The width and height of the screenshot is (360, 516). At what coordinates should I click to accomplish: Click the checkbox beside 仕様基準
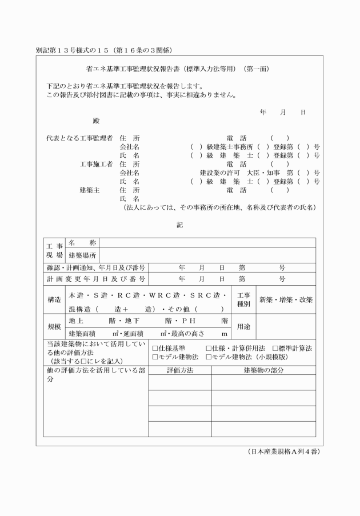(155, 348)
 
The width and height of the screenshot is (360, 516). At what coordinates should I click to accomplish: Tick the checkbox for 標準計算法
(275, 348)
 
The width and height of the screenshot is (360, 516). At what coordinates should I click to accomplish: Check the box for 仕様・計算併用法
(209, 348)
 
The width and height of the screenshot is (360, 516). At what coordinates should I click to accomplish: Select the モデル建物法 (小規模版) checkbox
(209, 357)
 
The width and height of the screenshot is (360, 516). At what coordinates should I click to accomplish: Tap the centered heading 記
(179, 225)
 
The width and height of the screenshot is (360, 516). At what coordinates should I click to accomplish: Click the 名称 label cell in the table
(82, 243)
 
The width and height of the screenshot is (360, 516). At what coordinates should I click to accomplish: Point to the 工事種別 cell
(244, 299)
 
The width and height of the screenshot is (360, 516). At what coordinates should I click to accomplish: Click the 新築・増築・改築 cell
(286, 299)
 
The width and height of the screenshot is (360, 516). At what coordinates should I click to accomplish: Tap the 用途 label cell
(244, 327)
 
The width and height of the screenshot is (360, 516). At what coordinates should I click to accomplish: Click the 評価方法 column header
(180, 370)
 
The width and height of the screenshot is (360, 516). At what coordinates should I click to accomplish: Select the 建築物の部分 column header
(263, 370)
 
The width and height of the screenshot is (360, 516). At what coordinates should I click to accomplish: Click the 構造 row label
(55, 299)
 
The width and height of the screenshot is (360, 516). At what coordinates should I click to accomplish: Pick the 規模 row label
(55, 327)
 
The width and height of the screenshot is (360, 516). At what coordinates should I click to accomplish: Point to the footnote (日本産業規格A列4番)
(283, 451)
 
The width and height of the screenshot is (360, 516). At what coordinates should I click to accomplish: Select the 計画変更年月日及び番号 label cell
(95, 279)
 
